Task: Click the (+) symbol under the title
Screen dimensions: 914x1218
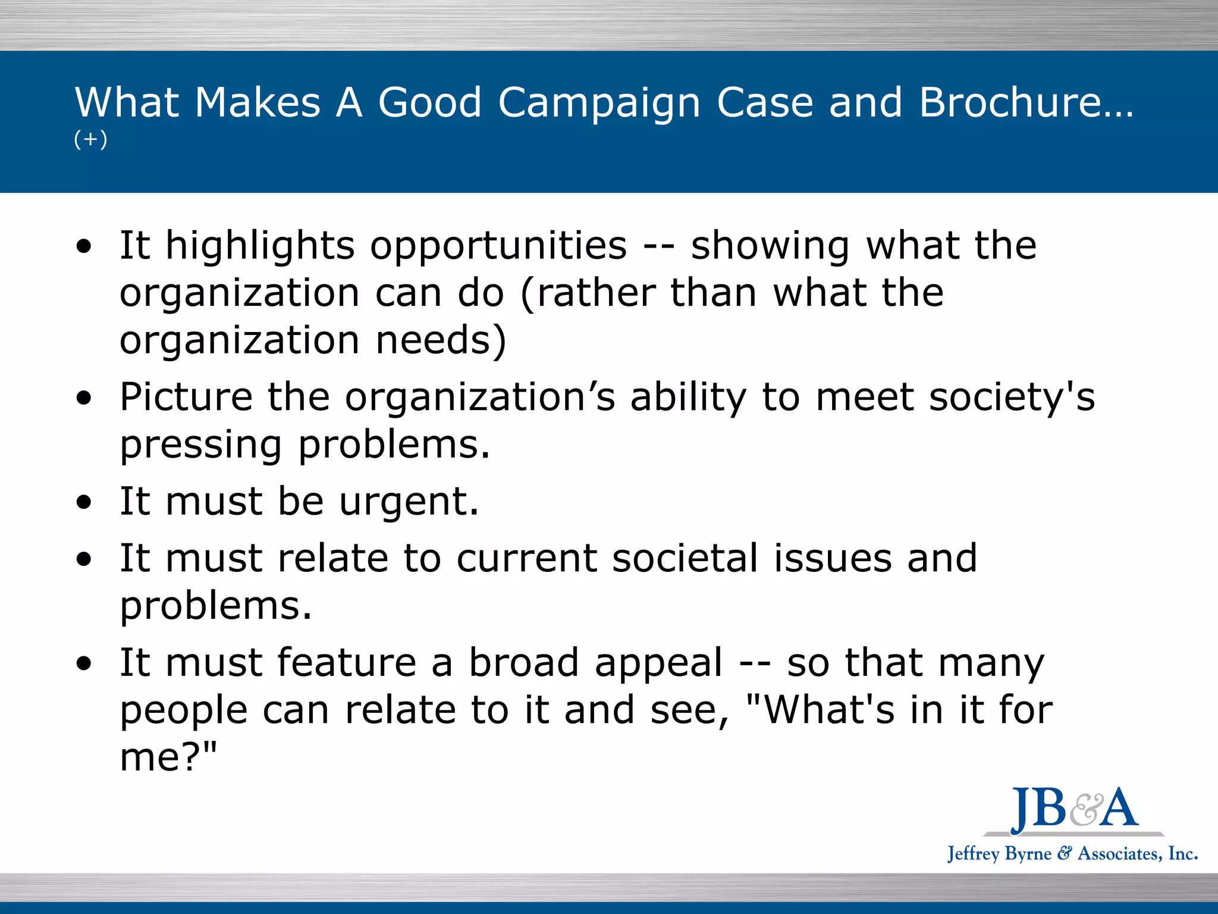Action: pos(90,139)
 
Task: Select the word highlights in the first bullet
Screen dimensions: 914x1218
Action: pos(260,246)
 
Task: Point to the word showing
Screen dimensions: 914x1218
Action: pos(770,246)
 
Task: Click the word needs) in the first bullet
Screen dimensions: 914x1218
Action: pos(441,340)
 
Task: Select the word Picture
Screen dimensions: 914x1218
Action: pos(186,397)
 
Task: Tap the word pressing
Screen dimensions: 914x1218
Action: pos(200,446)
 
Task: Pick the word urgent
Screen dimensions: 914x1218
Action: pos(409,502)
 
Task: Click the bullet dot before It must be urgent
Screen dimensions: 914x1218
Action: pos(84,502)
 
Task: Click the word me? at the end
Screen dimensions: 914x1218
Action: pos(168,758)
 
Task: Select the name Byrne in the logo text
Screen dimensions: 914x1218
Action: pos(1028,854)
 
